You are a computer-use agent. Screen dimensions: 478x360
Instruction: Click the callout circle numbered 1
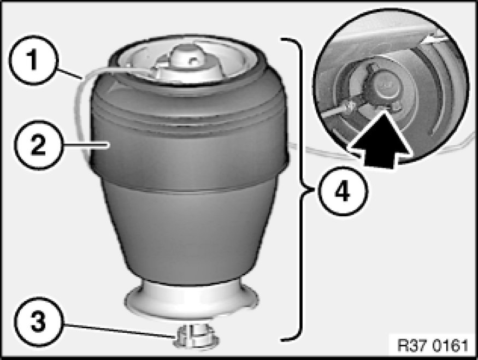[32, 60]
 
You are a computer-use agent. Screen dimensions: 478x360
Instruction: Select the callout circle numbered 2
[38, 145]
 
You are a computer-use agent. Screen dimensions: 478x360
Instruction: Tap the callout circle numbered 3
[38, 322]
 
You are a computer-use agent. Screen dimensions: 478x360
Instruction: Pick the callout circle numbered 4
[343, 191]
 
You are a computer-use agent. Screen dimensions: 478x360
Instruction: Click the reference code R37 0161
[433, 346]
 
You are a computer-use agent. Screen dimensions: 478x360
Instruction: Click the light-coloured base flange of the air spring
[192, 300]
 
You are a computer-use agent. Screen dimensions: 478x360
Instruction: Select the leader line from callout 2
[86, 146]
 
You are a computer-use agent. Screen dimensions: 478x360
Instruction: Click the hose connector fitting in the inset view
[350, 107]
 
